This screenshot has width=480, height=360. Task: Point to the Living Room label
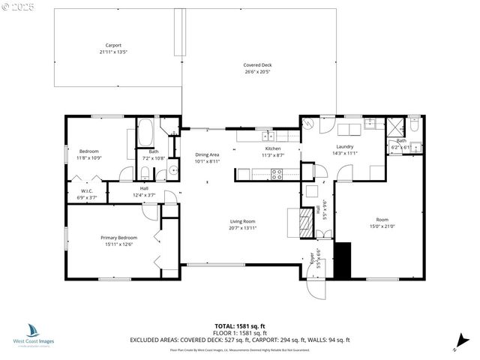pos(242,221)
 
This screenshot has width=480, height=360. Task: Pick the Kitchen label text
pos(272,148)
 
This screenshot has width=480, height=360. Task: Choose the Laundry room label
pos(345,146)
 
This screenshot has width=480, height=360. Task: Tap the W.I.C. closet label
pos(87,191)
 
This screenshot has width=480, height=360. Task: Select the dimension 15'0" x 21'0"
pos(382,226)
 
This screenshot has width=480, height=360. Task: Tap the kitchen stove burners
pos(276,174)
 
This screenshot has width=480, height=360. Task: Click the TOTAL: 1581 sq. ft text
pos(239,325)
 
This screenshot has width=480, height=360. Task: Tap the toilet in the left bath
pos(144,174)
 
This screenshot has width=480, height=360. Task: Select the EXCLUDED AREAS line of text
pos(239,340)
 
